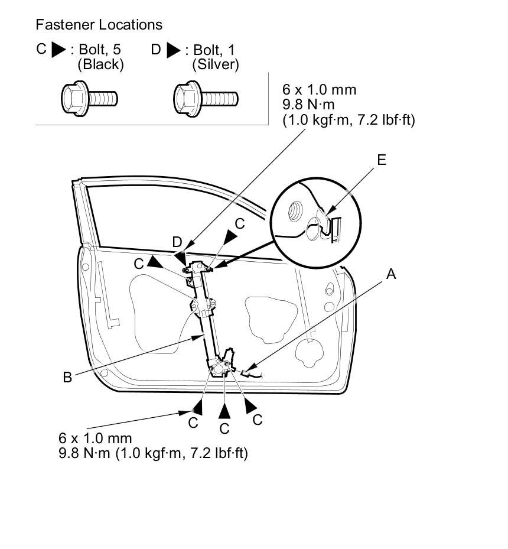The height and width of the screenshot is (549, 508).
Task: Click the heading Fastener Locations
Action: click(x=99, y=25)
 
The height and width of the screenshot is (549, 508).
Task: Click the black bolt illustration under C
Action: click(x=89, y=97)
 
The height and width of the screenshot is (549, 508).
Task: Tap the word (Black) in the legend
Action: click(x=100, y=64)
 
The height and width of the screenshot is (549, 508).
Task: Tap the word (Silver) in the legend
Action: click(x=216, y=64)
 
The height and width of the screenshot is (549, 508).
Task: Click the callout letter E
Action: click(x=382, y=160)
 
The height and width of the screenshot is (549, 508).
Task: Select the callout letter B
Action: click(x=67, y=376)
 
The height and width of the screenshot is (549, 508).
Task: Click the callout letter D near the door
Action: click(x=177, y=242)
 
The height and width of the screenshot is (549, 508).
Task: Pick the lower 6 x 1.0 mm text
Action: click(x=95, y=438)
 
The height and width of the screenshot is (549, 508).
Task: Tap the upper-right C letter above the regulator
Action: click(x=239, y=223)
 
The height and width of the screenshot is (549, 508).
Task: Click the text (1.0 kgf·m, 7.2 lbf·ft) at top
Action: click(x=349, y=120)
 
